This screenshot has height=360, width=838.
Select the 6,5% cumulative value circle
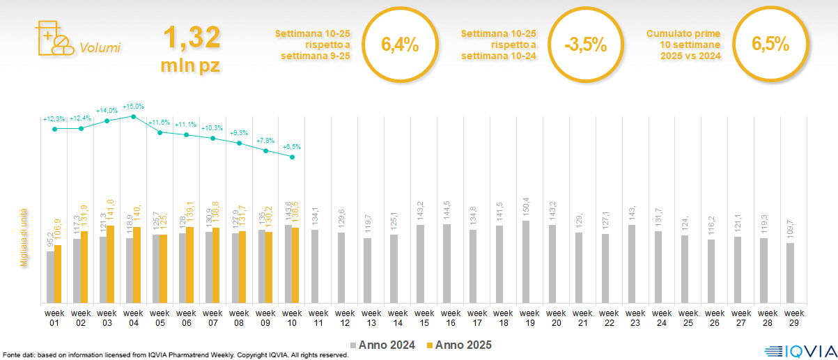(x=770, y=45)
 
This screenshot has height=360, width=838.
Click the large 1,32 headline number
(x=192, y=37)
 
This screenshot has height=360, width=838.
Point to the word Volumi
(x=100, y=48)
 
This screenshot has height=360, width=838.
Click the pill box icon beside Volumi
(x=54, y=38)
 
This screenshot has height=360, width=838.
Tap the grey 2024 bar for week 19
(x=526, y=262)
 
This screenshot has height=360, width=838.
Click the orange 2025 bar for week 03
(x=110, y=265)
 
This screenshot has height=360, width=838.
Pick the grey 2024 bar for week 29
(x=790, y=273)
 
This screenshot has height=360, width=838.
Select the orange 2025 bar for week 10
(x=296, y=265)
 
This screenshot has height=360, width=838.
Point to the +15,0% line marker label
(x=133, y=107)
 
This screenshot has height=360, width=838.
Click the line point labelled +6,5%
(x=292, y=157)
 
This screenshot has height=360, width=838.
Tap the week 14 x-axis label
(x=398, y=317)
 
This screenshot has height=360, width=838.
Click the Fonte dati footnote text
(x=174, y=355)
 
